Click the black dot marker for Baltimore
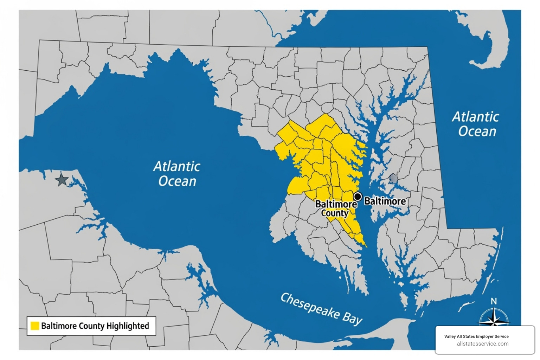coord(358,197)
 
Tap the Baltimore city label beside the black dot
coord(385,201)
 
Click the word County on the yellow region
coord(335,213)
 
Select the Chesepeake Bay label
coord(321,309)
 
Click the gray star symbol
coord(62,180)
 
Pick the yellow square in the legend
coord(35,326)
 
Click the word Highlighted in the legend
coord(128,326)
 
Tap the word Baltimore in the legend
coord(58,326)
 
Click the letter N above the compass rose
coord(494,301)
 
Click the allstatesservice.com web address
coord(482,344)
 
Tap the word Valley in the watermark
coord(450,336)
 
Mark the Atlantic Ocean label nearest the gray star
coord(177,174)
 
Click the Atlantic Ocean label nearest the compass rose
coord(476,124)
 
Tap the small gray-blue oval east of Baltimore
coord(393,179)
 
